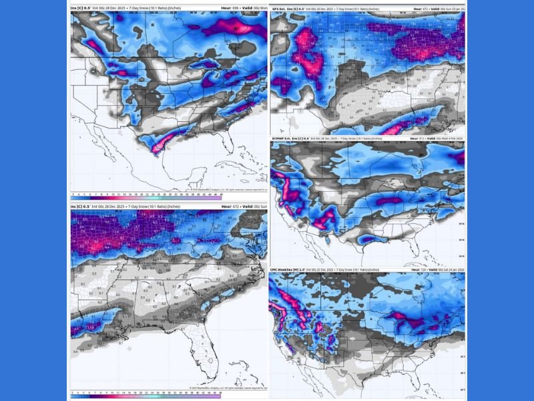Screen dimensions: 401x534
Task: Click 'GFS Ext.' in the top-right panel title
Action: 281,9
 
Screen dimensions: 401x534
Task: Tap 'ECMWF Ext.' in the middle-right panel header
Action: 284,138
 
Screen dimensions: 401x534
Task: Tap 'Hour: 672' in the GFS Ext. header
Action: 419,9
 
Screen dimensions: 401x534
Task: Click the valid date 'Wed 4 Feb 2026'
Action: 453,138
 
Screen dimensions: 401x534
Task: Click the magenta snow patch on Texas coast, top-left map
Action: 159,148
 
